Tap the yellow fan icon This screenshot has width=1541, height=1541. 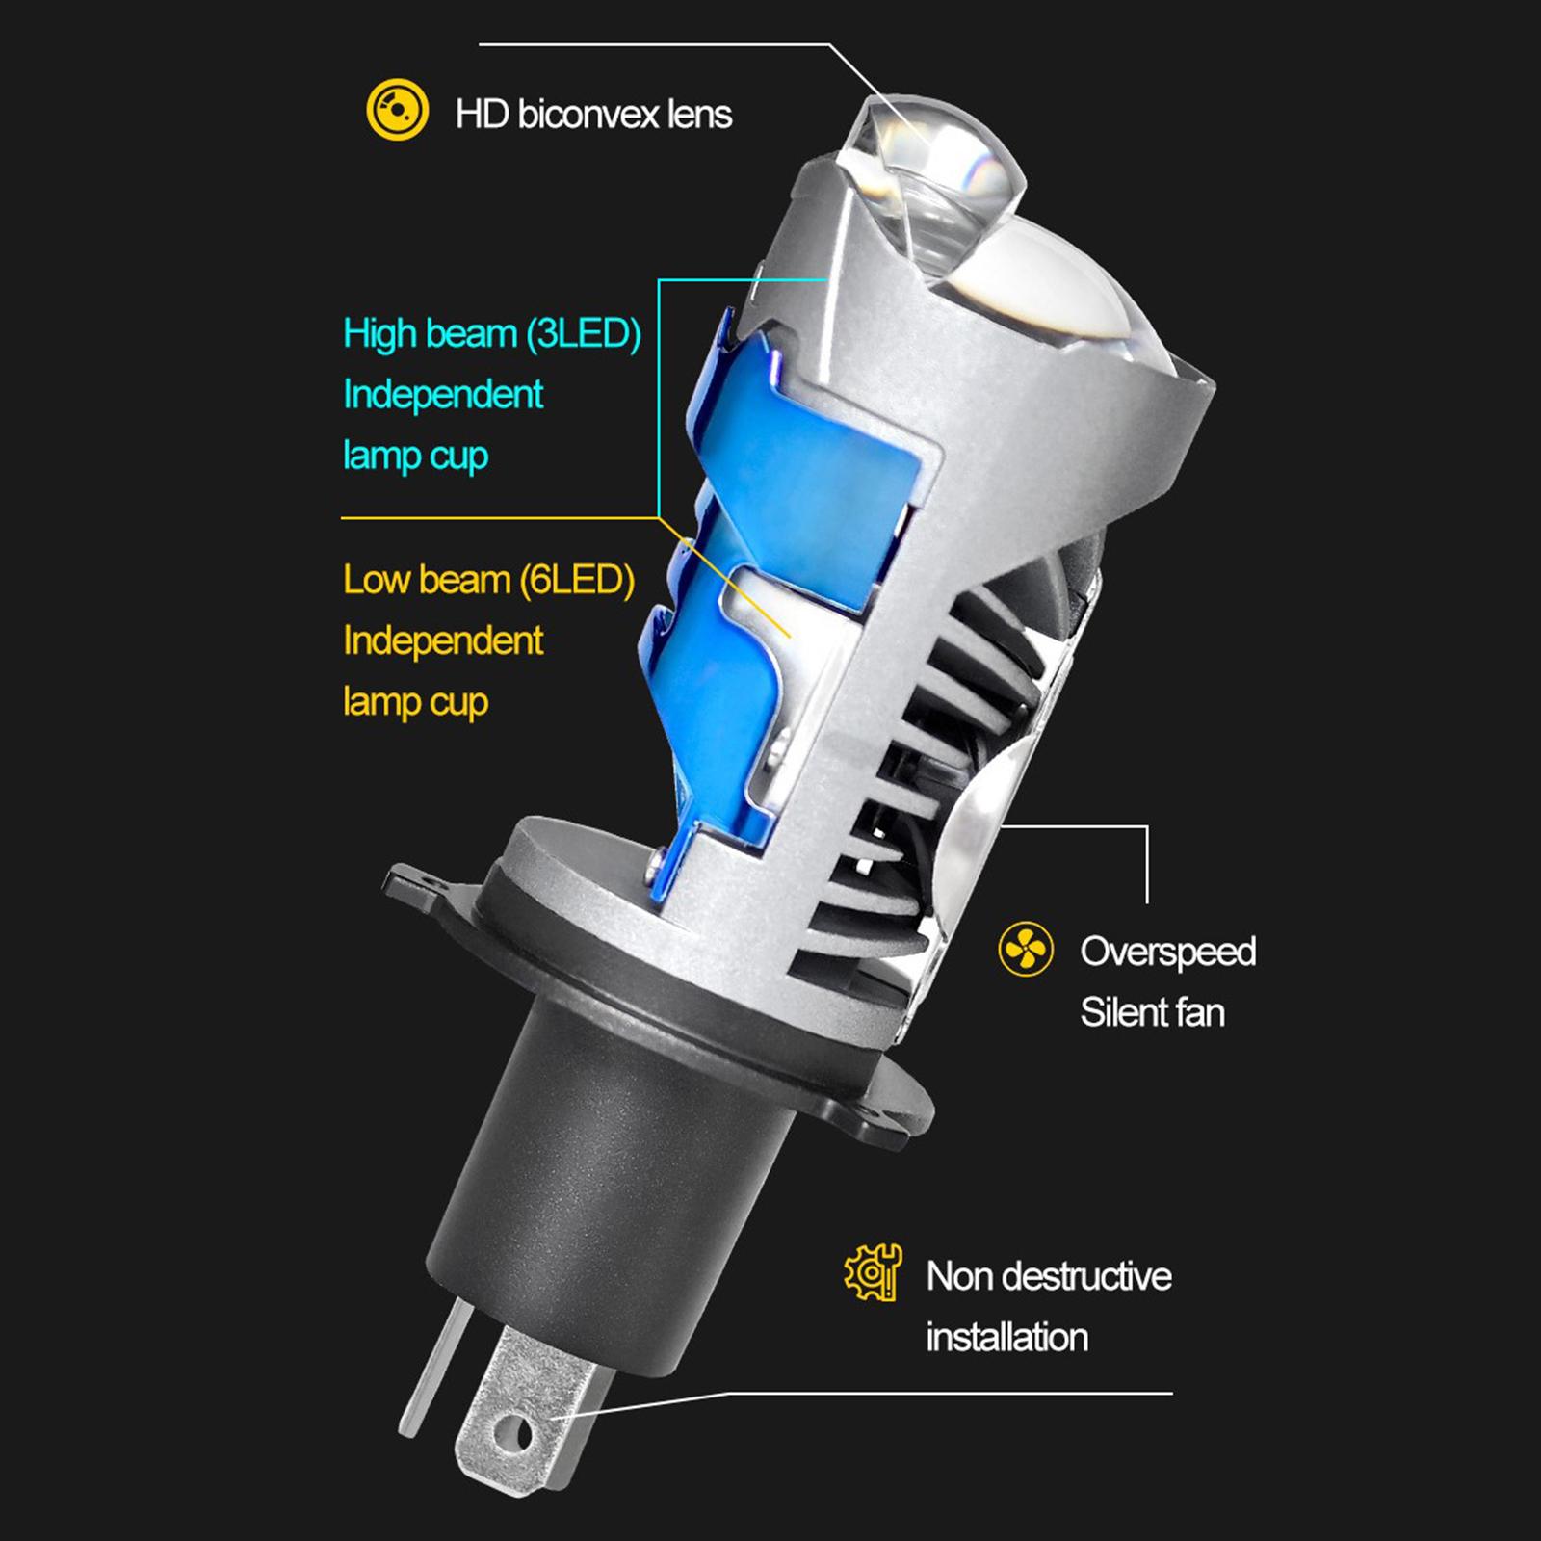click(1026, 949)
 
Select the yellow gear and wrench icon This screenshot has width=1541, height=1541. click(873, 1272)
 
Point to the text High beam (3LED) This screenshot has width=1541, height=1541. click(492, 334)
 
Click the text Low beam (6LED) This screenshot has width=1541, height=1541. click(488, 580)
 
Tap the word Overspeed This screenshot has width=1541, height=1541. click(1167, 953)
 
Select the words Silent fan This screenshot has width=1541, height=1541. click(1152, 1012)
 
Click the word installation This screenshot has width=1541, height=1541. click(1006, 1337)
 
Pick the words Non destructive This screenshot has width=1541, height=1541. click(1049, 1276)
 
